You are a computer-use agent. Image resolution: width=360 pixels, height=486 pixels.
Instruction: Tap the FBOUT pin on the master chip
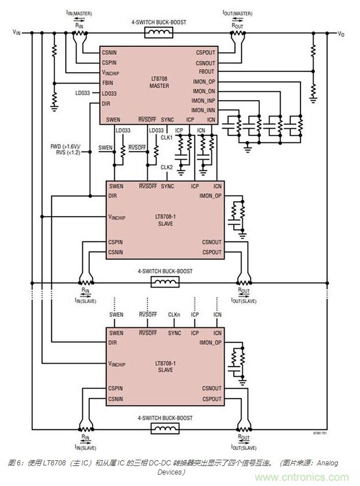206,72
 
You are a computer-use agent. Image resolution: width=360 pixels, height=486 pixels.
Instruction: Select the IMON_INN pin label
203,110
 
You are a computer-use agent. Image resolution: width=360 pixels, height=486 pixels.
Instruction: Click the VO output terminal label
341,34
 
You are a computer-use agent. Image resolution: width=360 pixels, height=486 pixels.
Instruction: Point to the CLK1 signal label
166,138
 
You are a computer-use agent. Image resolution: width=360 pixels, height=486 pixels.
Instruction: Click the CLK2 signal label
167,167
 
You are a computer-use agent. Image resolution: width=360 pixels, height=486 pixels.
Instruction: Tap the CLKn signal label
174,314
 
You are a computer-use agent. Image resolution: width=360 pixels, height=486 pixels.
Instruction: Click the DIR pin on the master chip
106,103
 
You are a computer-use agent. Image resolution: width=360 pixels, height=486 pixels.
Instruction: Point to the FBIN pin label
109,82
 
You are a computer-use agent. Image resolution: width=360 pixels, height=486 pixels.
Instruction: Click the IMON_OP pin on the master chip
204,82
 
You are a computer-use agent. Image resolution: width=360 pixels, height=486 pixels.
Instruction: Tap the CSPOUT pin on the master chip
206,52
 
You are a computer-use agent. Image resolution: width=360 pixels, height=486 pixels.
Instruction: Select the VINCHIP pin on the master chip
113,73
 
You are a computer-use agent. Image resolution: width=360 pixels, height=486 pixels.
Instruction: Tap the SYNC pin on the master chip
167,119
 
